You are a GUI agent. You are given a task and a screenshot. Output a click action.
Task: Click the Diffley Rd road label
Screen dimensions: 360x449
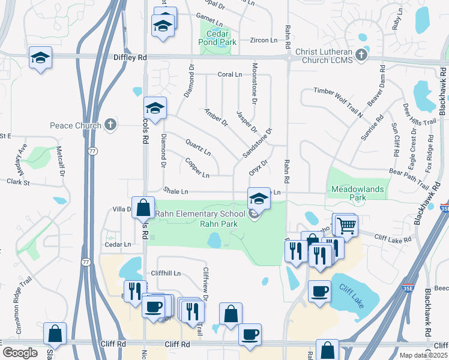pyautogui.click(x=130, y=57)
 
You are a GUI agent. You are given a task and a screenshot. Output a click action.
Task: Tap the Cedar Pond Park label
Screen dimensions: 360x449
pyautogui.click(x=218, y=38)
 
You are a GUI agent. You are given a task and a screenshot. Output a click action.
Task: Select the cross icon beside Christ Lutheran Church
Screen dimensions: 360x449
pyautogui.click(x=361, y=55)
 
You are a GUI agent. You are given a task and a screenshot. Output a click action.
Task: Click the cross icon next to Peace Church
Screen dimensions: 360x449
pyautogui.click(x=110, y=125)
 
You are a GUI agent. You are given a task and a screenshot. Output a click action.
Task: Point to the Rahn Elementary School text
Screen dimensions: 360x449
pyautogui.click(x=199, y=214)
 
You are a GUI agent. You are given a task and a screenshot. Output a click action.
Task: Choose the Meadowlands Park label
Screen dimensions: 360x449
pyautogui.click(x=357, y=193)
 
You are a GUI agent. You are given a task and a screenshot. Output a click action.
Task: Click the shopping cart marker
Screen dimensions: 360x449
pyautogui.click(x=345, y=226)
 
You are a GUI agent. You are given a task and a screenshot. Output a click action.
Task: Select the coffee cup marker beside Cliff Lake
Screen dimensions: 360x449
pyautogui.click(x=319, y=291)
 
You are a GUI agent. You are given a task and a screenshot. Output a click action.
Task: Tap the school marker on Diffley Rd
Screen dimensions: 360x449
pyautogui.click(x=40, y=58)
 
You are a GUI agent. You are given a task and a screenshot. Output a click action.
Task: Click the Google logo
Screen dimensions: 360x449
pyautogui.click(x=20, y=353)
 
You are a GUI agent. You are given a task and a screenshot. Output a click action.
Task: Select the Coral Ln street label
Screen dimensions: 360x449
pyautogui.click(x=229, y=74)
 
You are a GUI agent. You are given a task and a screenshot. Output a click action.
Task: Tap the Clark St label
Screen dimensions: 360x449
pyautogui.click(x=18, y=181)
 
